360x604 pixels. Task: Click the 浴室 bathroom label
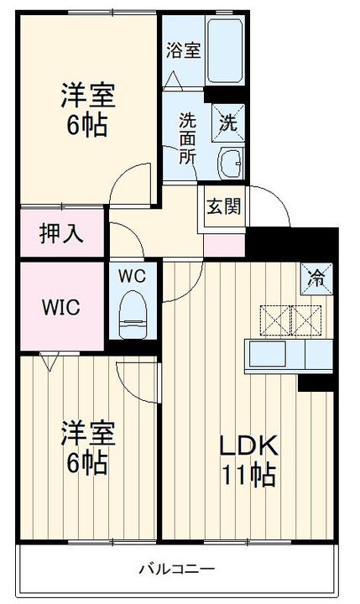[x=182, y=49]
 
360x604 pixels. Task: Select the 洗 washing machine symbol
[x=228, y=120]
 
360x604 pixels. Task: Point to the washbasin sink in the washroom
[x=230, y=162]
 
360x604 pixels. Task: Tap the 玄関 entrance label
[x=222, y=206]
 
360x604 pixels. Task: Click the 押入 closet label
[x=62, y=234]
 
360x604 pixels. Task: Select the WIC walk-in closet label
[x=61, y=307]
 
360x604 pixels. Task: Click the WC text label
[x=133, y=275]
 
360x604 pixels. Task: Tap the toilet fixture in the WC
[x=133, y=312]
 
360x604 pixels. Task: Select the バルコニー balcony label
[x=176, y=570]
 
